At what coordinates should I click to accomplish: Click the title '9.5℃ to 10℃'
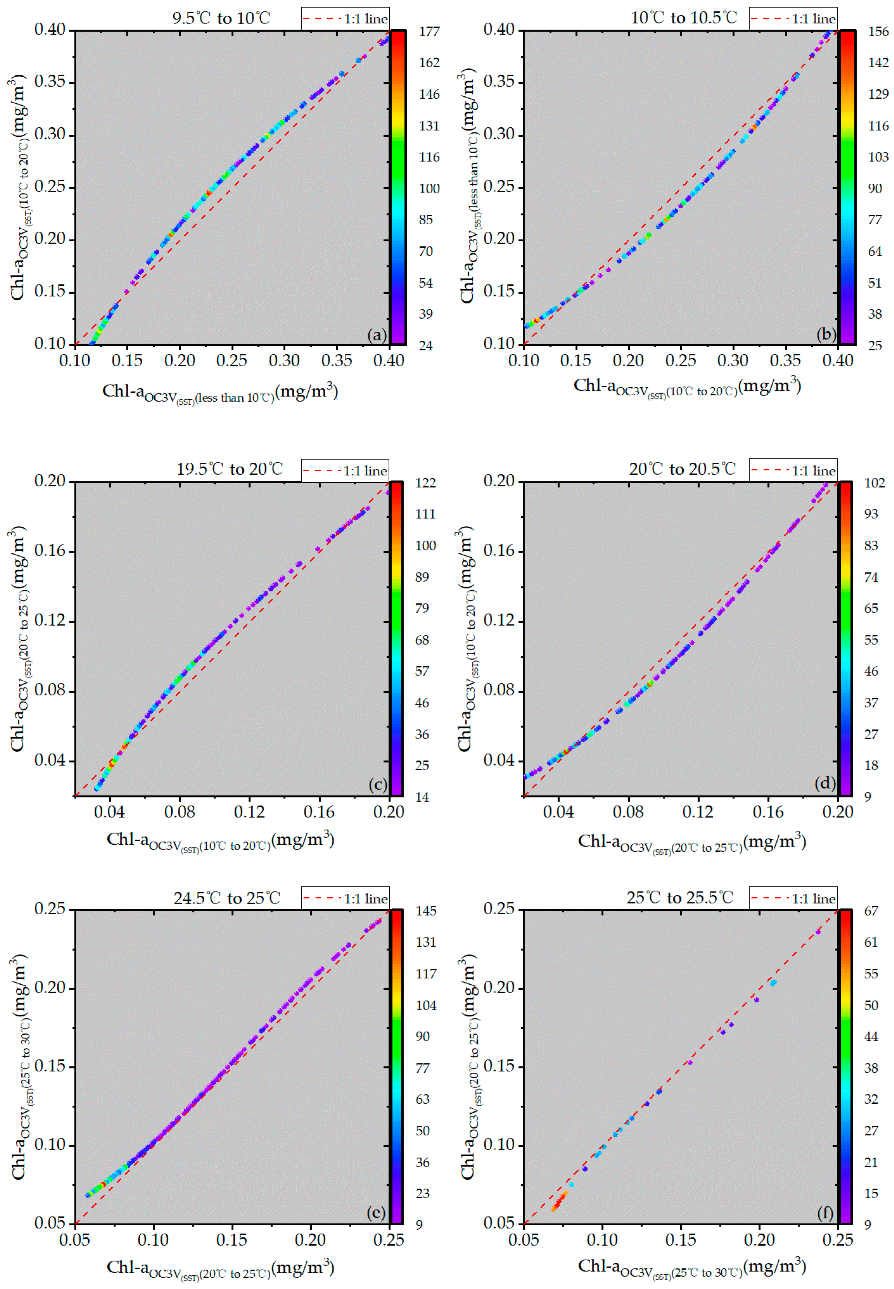(221, 18)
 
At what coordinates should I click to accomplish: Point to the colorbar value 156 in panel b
(878, 31)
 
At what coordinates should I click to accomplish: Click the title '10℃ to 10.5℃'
(683, 18)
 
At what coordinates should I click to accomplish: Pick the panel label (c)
(378, 785)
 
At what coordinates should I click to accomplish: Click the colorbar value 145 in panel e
(426, 911)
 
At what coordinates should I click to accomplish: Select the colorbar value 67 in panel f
(871, 911)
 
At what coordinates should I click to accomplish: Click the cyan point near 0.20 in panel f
(773, 983)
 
